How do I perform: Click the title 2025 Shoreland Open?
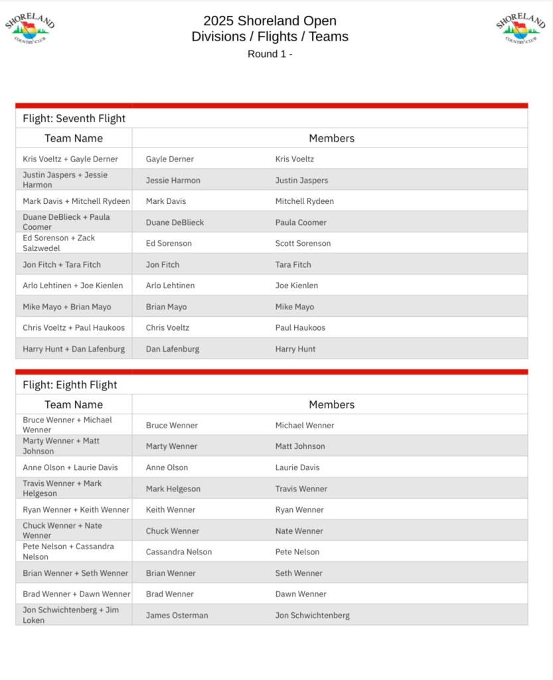coord(270,21)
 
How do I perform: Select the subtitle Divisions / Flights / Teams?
coord(270,37)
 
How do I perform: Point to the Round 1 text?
coord(270,54)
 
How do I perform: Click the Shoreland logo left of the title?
coord(30,29)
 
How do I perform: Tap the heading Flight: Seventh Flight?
coord(74,119)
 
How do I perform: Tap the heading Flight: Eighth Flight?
coord(70,385)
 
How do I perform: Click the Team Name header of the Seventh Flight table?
coord(74,138)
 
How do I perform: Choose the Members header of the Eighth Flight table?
coord(331,404)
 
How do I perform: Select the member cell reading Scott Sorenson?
coord(303,244)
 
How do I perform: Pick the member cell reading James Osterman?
coord(177,616)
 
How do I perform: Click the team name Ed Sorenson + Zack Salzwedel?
coord(59,243)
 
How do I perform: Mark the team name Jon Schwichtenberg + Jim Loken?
coord(71,615)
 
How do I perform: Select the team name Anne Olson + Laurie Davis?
coord(70,467)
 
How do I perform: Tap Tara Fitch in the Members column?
coord(293,264)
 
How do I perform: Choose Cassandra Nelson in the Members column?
coord(179,552)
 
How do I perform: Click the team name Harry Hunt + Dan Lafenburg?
coord(74,349)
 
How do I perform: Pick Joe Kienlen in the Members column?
coord(296,286)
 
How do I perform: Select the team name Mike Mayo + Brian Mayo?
coord(67,307)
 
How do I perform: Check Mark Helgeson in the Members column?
coord(173,489)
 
